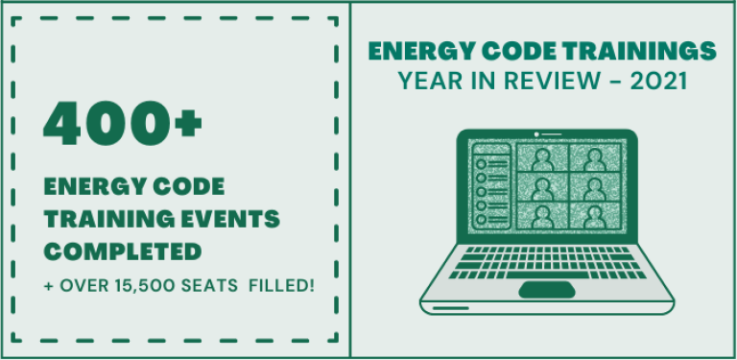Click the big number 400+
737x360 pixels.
click(123, 122)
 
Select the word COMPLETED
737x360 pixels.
click(122, 251)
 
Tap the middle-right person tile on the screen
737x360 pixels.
click(593, 186)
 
